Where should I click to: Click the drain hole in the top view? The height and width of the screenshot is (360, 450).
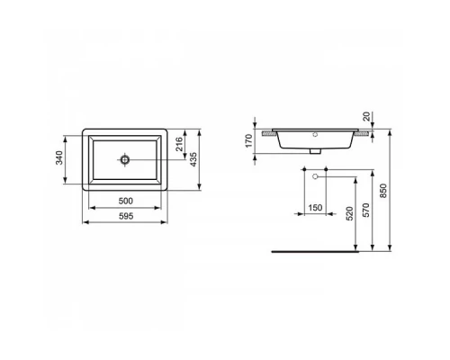point(126,160)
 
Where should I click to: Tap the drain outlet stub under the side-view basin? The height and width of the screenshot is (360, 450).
point(314,153)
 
